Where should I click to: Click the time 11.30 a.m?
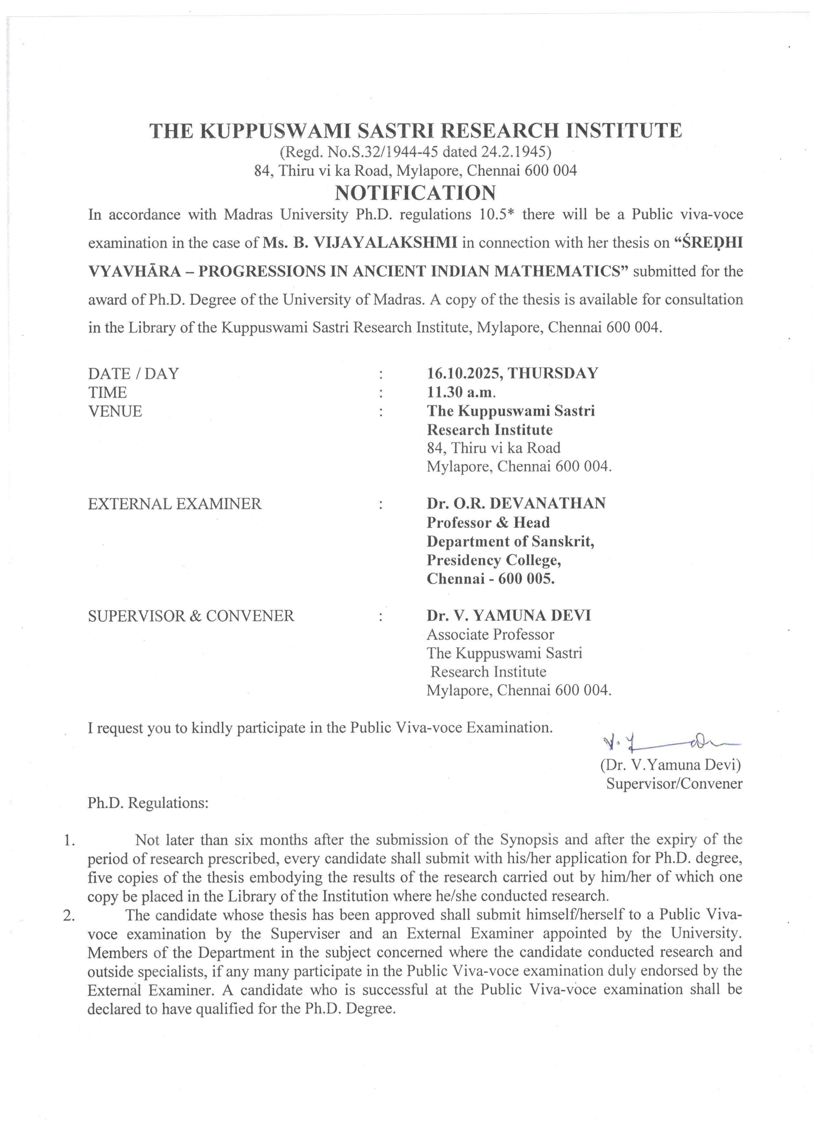pos(461,392)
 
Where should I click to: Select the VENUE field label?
pos(115,411)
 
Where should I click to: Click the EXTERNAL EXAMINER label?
pos(175,504)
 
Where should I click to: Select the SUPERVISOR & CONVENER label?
pos(191,616)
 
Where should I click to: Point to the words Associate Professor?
pos(490,635)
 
